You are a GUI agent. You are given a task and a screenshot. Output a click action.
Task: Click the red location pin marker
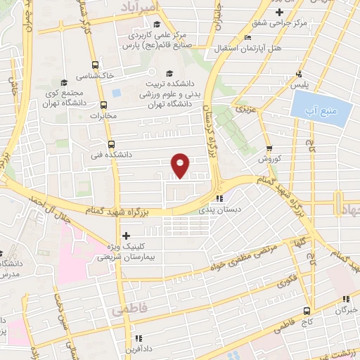click(181, 165)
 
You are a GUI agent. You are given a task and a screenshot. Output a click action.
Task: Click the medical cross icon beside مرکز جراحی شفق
click(280, 13)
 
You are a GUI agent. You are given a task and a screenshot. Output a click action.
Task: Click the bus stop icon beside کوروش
click(269, 148)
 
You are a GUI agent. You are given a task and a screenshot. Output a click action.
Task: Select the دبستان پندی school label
click(237, 210)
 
